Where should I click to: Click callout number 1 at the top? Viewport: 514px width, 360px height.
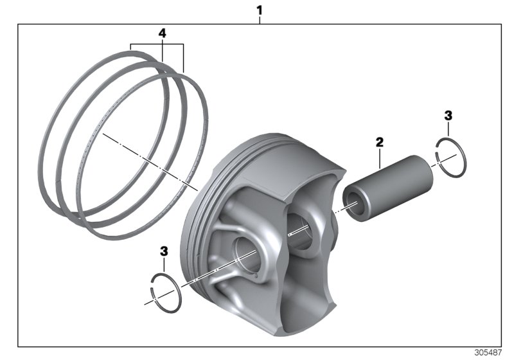pyautogui.click(x=260, y=10)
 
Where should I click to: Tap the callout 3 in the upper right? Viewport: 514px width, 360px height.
pyautogui.click(x=448, y=116)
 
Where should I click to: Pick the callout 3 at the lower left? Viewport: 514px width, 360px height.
pyautogui.click(x=164, y=249)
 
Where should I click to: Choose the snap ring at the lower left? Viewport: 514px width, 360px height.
pyautogui.click(x=166, y=291)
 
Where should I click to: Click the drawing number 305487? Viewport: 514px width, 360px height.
pyautogui.click(x=490, y=353)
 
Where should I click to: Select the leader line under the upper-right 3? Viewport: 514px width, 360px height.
pyautogui.click(x=448, y=131)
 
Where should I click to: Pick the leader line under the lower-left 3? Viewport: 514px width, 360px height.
pyautogui.click(x=164, y=264)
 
